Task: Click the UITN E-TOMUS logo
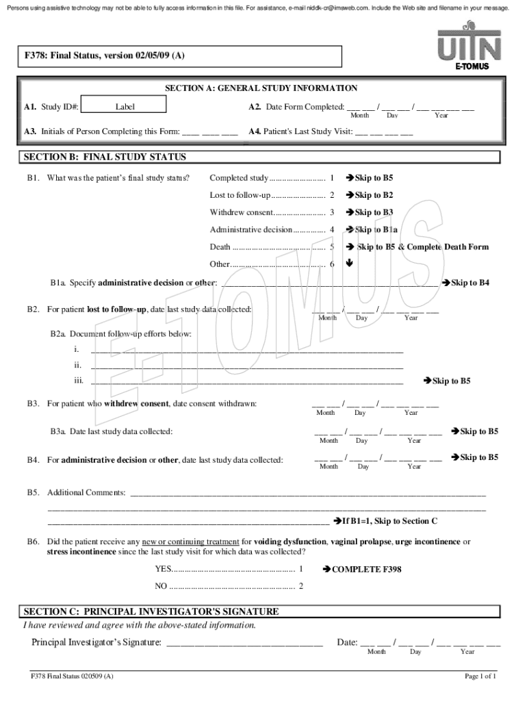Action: coord(470,46)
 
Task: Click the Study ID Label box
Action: coord(125,107)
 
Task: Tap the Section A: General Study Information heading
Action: coord(261,88)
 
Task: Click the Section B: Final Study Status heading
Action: coord(105,157)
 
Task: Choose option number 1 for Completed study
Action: coord(332,178)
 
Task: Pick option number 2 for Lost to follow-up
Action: coord(332,195)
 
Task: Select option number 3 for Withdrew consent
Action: coord(332,212)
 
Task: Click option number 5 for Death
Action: coord(332,246)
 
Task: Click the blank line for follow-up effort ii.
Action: coord(246,367)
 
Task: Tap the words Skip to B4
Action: coord(470,282)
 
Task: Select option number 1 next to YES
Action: coord(301,569)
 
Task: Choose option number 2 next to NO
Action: coord(301,586)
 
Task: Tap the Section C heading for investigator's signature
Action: coord(151,611)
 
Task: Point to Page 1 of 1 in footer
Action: coord(480,676)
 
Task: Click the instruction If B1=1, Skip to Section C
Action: coord(389,521)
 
